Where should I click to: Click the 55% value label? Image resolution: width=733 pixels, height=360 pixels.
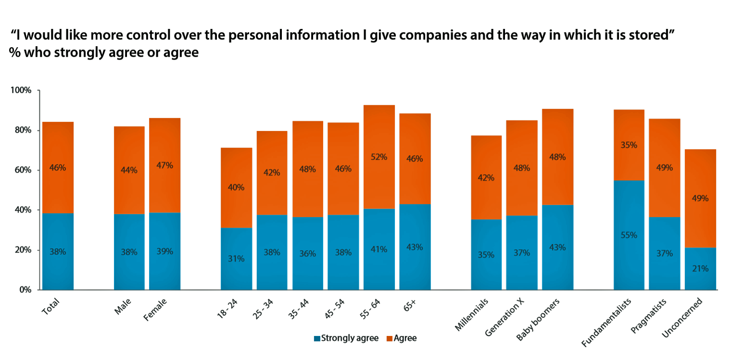(629, 235)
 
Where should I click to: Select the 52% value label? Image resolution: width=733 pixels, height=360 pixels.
(379, 156)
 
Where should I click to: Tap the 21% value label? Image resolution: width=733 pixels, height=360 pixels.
(700, 269)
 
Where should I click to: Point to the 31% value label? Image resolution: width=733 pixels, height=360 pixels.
(236, 258)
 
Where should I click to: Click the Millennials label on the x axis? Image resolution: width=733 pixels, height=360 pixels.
(472, 315)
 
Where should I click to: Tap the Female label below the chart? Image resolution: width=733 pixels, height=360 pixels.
(155, 310)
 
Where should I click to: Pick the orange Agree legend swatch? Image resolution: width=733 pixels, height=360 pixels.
(389, 338)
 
